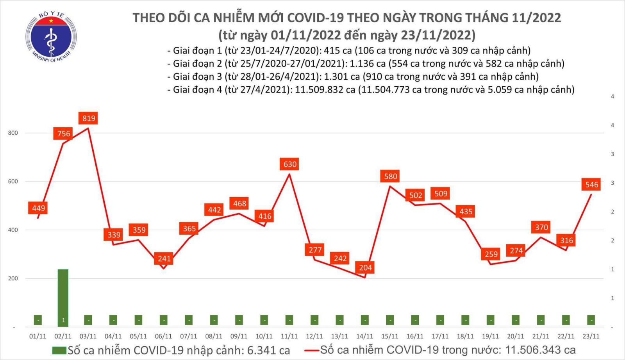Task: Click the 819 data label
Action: [89, 118]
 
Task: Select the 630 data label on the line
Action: [290, 164]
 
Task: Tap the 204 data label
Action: [365, 267]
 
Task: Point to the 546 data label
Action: [591, 184]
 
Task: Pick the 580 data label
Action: [390, 176]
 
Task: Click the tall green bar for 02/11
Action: [63, 297]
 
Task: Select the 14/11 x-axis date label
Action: [364, 336]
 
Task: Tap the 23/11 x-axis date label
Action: [591, 336]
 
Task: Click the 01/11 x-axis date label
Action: [38, 336]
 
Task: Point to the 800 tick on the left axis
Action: [13, 133]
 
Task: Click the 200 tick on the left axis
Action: [13, 278]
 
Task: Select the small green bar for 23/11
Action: [591, 320]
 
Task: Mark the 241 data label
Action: [164, 258]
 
